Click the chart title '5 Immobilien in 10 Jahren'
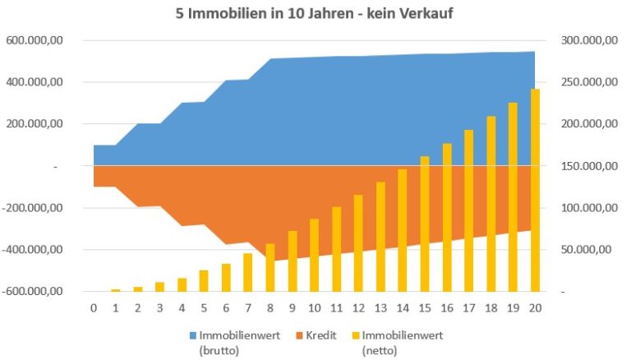316,13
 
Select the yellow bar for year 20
534,190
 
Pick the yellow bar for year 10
314,255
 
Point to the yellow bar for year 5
204,280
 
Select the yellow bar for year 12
358,242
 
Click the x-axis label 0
94,308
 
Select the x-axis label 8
269,308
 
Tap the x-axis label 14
402,308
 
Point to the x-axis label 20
534,308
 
